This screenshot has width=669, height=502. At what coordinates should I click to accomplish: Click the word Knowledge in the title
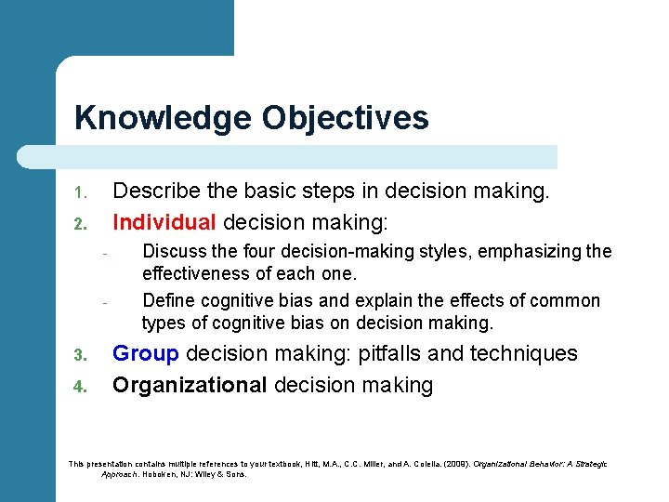163,118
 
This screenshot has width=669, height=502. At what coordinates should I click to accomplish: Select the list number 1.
80,194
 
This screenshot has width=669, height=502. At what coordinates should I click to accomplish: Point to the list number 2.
80,224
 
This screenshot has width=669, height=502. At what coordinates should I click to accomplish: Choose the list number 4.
80,387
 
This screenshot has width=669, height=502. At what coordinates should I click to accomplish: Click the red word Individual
164,223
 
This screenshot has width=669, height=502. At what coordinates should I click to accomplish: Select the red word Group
146,354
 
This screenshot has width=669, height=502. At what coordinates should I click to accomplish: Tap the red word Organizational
190,385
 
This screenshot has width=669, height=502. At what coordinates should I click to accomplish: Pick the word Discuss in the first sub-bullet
174,252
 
